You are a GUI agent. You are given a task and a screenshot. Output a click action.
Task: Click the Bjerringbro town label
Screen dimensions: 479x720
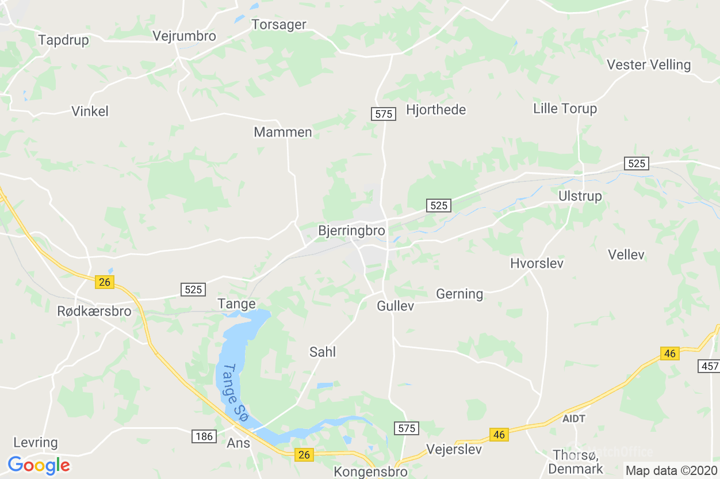coord(351,231)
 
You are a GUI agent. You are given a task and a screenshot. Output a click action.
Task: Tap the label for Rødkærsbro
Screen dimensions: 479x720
coord(94,311)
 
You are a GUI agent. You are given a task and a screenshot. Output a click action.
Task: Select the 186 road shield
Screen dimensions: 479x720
coord(204,436)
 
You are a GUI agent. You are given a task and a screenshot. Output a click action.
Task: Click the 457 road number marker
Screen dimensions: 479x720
coord(708,366)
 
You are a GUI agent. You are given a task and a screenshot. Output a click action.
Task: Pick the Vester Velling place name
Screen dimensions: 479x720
coord(649,64)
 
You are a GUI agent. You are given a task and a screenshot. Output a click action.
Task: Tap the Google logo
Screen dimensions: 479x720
coord(39,465)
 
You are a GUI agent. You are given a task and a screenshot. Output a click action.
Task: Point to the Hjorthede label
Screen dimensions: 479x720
coord(436,110)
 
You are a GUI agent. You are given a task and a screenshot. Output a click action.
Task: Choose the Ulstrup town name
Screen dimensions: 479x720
coord(580,196)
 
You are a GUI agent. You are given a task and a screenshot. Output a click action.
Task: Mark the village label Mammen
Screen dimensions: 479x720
coord(283,132)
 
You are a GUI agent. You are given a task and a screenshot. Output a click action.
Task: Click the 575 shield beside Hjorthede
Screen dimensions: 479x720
coord(384,114)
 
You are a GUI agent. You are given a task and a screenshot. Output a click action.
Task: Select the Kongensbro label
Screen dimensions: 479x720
coord(370,472)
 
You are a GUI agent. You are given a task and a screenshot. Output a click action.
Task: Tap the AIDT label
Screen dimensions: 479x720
coord(574,419)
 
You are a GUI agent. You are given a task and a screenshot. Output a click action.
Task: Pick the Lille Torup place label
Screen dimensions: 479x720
coord(565,109)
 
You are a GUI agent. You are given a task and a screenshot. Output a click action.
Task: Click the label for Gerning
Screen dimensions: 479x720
coord(459,294)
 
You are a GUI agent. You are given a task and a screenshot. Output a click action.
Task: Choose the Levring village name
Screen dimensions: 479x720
coord(36,443)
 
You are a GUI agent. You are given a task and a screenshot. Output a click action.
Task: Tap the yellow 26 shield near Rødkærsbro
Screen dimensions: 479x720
coord(105,282)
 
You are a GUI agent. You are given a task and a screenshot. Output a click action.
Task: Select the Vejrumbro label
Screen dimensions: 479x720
coord(184,36)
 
